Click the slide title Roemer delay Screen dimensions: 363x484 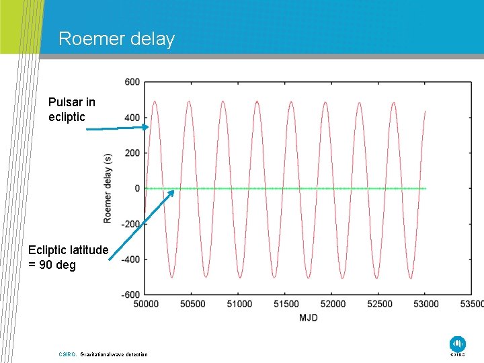click(116, 39)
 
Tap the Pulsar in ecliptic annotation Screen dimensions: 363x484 click(72, 110)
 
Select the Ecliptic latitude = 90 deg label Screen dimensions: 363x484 click(68, 257)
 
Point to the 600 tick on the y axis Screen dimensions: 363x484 click(132, 82)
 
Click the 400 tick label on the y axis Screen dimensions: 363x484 click(132, 118)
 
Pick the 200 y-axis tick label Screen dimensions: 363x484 click(132, 153)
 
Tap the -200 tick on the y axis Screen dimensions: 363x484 click(130, 224)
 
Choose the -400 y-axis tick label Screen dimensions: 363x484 click(130, 259)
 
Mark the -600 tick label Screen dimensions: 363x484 click(130, 294)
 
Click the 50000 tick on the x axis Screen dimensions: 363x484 click(146, 304)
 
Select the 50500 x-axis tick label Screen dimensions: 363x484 click(192, 304)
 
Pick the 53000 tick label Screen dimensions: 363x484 click(424, 304)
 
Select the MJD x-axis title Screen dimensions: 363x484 click(308, 317)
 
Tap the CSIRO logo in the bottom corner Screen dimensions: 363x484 click(457, 344)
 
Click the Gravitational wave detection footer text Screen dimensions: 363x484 click(114, 354)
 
